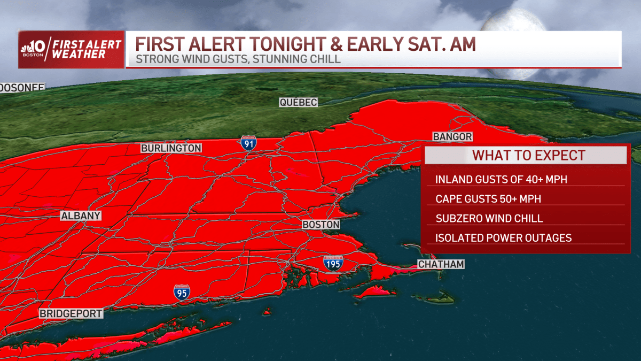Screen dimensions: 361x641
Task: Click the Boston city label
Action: coord(321,225)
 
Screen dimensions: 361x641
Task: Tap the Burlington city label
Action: coord(171,148)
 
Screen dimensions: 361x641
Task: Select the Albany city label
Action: coord(80,216)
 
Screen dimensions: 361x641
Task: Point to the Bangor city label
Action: coord(452,137)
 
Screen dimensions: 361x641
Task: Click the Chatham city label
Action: coord(441,264)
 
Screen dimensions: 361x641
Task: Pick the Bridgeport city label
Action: coord(71,314)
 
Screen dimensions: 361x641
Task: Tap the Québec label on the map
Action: coord(299,102)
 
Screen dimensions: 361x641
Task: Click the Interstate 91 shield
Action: coord(247,143)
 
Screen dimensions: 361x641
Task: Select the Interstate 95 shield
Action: coord(182,293)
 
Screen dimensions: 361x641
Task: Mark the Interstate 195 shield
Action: coord(333,263)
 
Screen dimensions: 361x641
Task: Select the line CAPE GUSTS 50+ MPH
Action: coord(488,199)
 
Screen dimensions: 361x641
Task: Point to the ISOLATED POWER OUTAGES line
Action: coord(503,238)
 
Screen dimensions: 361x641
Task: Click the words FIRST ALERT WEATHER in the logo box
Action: coord(85,49)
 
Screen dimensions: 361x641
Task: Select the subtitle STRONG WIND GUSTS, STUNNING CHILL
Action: coord(238,59)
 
